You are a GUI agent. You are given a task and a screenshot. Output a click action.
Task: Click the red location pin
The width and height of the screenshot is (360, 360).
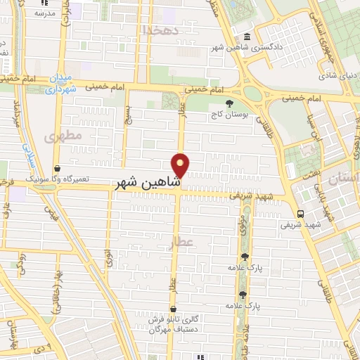(181, 165)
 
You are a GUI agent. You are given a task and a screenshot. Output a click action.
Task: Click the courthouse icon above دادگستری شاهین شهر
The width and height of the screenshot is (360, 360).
(246, 37)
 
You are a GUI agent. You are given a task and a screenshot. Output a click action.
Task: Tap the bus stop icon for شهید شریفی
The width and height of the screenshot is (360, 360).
(301, 214)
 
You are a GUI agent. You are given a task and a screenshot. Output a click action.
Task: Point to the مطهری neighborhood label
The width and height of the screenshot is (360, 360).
(63, 135)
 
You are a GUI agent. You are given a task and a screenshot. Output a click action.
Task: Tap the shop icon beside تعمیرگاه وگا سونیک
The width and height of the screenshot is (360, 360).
(57, 168)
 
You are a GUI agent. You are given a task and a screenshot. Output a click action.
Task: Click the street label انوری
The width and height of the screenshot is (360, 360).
(108, 257)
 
